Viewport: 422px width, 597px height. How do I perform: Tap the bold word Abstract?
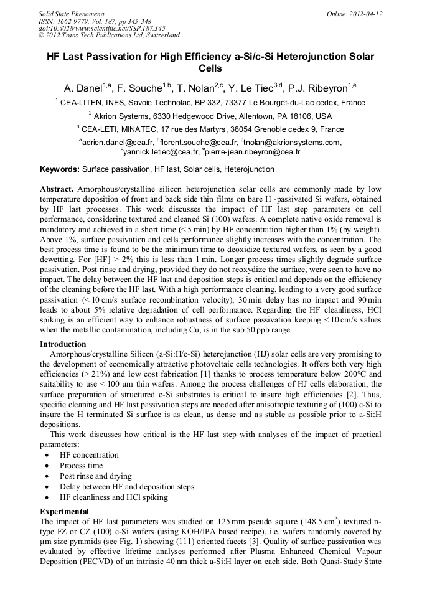click(x=57, y=188)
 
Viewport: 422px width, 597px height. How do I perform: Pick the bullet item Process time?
click(x=82, y=466)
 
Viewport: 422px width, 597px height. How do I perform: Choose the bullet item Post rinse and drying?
click(x=96, y=476)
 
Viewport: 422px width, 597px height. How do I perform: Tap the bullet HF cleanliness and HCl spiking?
click(x=113, y=497)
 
